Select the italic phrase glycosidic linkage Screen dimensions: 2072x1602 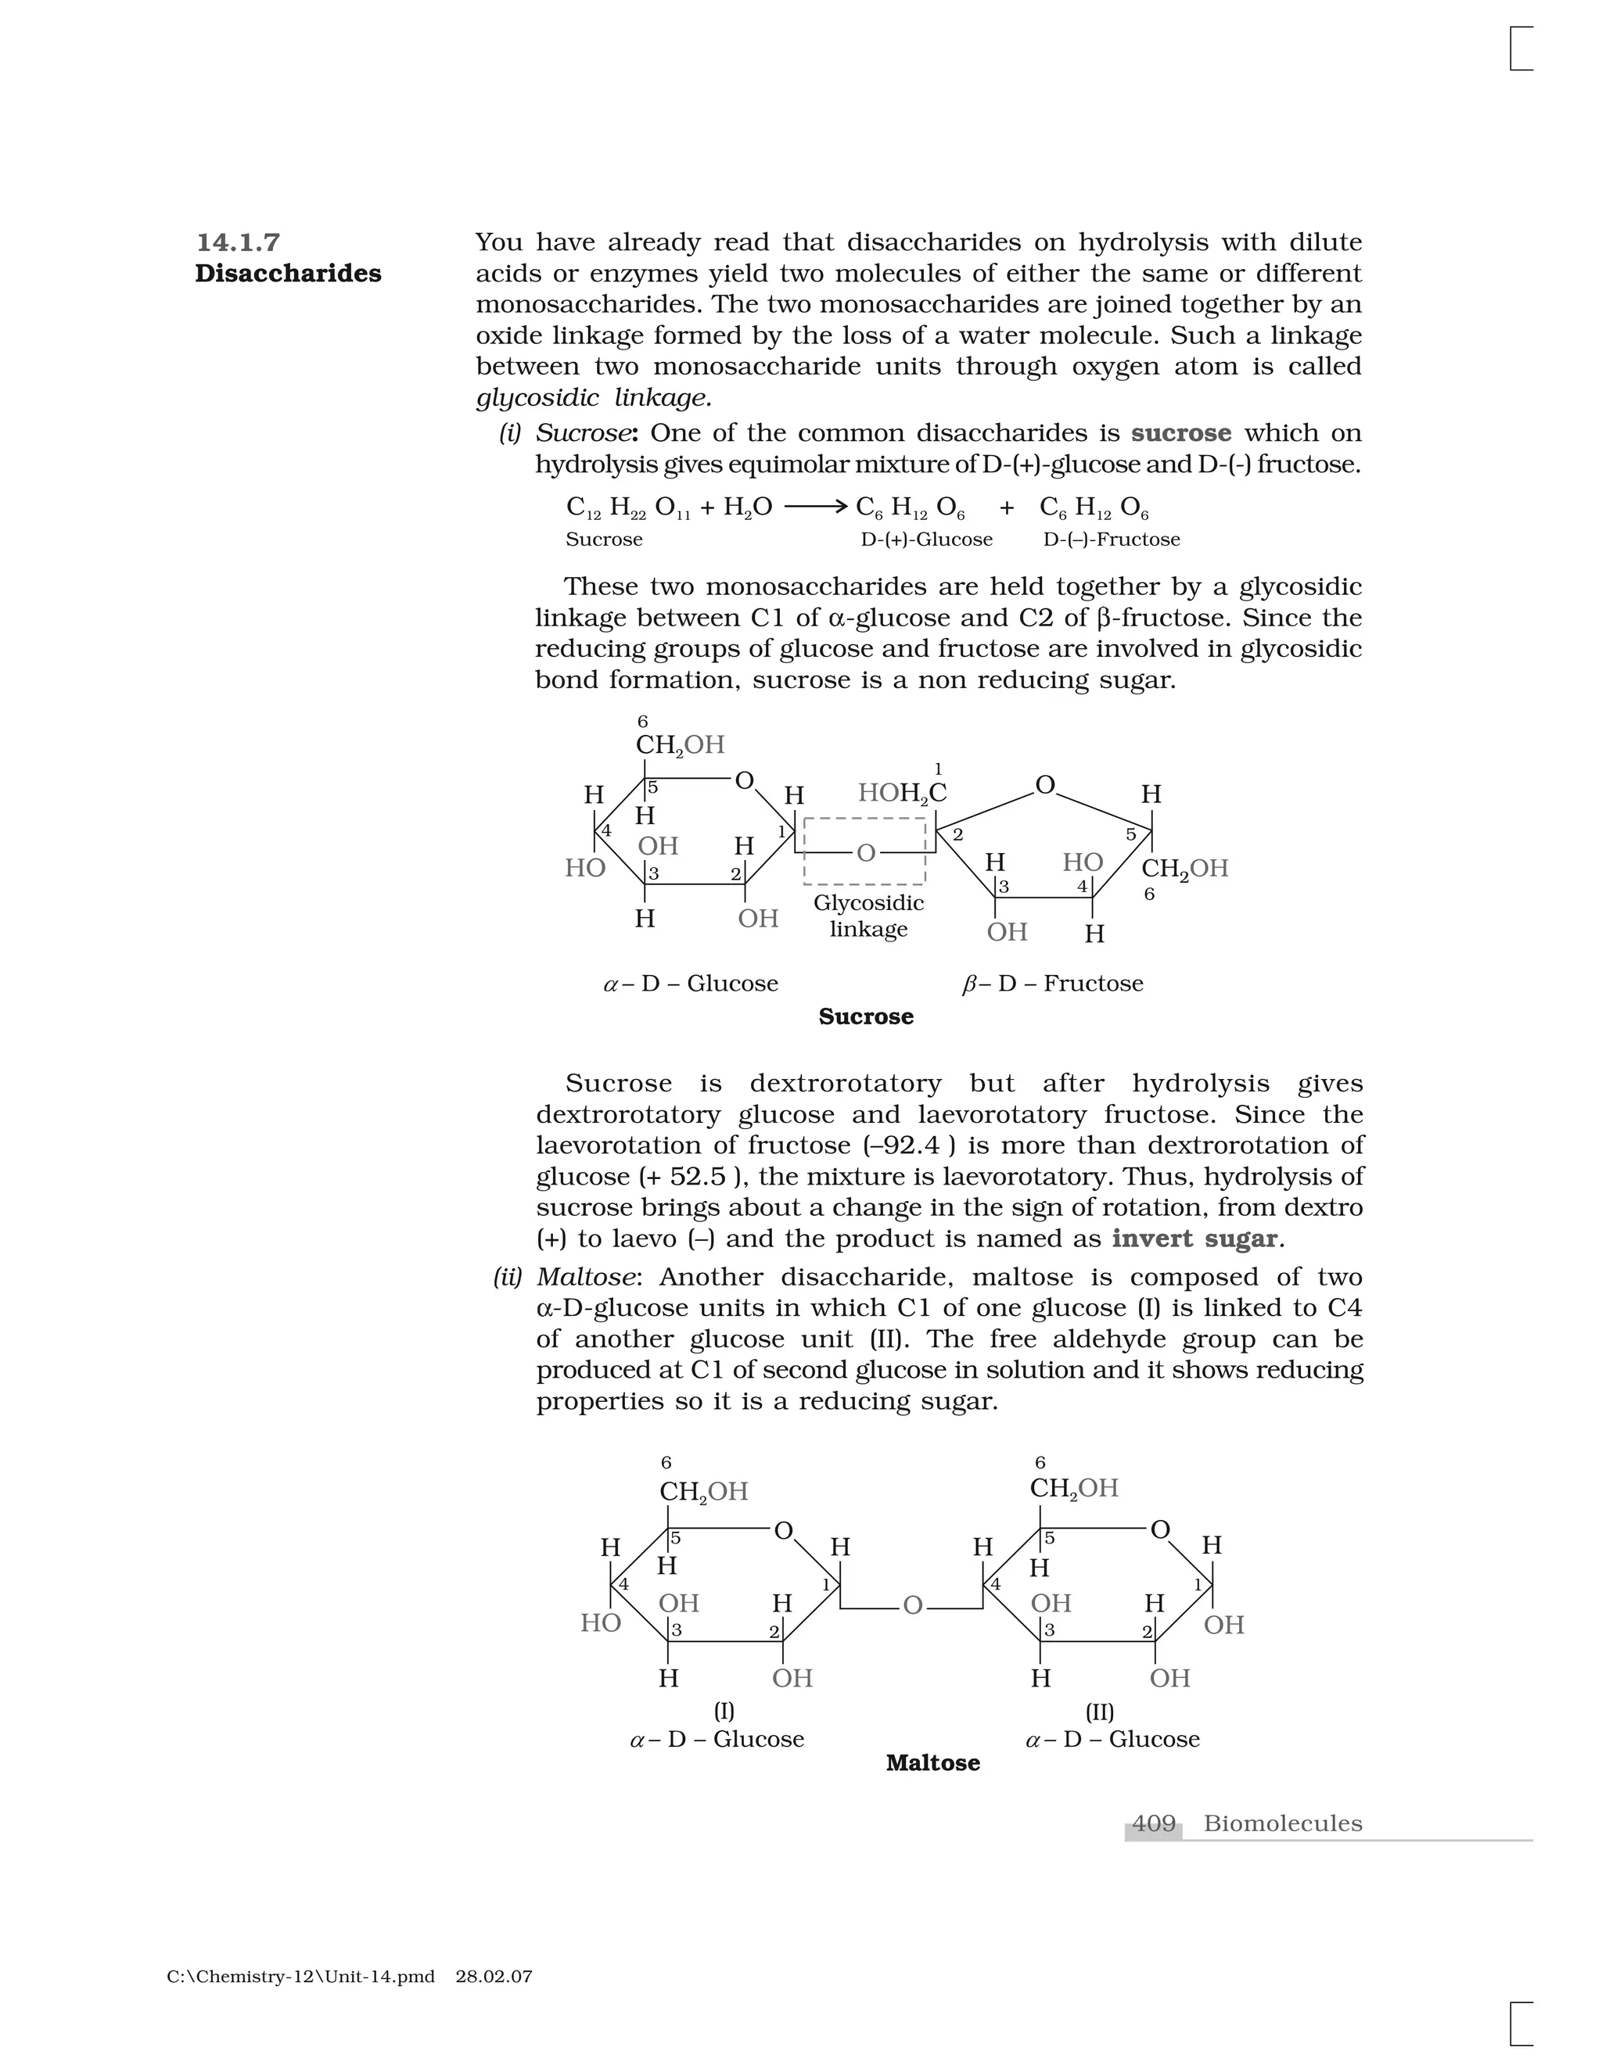point(593,397)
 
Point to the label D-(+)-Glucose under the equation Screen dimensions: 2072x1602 point(926,540)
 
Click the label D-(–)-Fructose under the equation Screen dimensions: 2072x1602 point(1112,540)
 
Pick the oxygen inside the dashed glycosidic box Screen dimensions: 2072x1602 point(866,853)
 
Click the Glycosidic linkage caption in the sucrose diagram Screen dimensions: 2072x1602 point(868,916)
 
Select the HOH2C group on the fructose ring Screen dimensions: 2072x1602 point(902,793)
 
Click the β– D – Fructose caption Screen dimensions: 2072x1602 point(1053,983)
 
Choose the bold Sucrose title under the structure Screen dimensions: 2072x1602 point(866,1016)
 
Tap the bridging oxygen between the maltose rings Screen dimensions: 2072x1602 point(912,1605)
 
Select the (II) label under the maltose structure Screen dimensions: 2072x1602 point(1099,1712)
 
